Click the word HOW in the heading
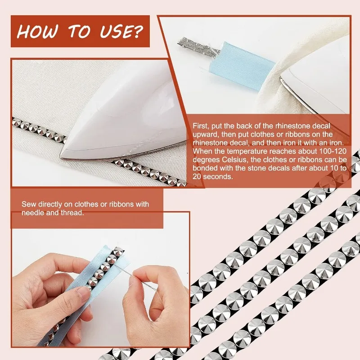pyautogui.click(x=37, y=31)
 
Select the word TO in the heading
pyautogui.click(x=79, y=31)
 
